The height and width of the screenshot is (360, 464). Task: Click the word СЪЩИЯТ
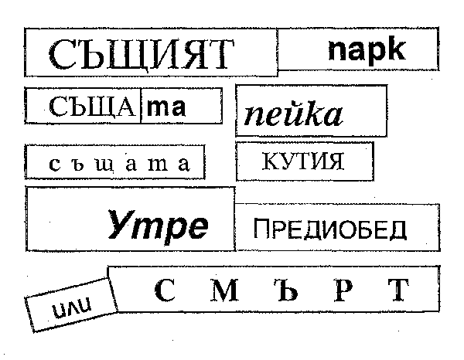(x=142, y=55)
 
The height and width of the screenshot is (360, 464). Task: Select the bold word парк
(x=367, y=49)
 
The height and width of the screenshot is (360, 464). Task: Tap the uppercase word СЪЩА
(x=92, y=107)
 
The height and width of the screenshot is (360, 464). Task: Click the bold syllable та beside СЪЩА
(x=166, y=107)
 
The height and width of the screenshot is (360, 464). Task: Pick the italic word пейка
(x=293, y=113)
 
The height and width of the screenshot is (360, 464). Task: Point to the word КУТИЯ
(x=303, y=161)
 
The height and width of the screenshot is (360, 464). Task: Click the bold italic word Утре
(x=158, y=224)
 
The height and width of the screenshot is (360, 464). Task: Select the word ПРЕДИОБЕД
(x=330, y=229)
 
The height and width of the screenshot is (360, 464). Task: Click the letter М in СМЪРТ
(x=224, y=290)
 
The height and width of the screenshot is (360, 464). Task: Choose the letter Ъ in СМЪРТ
(x=288, y=290)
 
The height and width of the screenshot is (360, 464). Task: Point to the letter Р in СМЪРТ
(x=343, y=290)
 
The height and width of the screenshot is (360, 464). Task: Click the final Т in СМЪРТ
(x=398, y=290)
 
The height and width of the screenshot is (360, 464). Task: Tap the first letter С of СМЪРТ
(x=165, y=290)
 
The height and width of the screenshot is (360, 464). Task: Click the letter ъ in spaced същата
(x=77, y=164)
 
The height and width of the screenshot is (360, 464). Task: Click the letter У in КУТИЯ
(x=284, y=161)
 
